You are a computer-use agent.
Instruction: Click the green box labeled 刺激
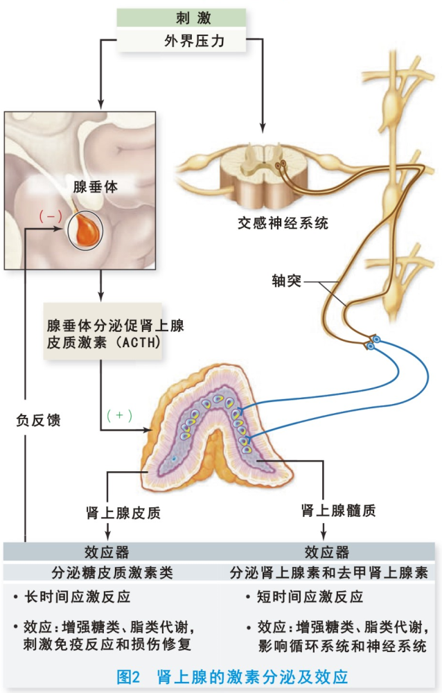[182, 18]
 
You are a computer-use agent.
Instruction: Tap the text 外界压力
[195, 41]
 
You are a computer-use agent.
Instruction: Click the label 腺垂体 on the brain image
[96, 186]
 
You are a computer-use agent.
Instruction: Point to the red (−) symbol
[51, 216]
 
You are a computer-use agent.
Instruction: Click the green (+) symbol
[119, 415]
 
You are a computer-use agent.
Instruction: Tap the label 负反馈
[38, 420]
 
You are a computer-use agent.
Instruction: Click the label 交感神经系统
[283, 222]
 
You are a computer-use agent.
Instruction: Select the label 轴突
[286, 281]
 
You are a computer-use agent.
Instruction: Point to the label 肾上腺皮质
[123, 513]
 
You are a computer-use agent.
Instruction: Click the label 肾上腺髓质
[339, 511]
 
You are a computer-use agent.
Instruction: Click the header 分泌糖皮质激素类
[112, 573]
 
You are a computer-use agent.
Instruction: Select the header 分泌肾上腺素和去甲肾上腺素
[329, 573]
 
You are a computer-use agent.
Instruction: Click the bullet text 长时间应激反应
[78, 597]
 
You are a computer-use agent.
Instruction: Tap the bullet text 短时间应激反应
[310, 597]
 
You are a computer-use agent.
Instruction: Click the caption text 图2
[128, 676]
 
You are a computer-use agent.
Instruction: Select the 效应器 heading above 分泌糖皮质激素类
[107, 552]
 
